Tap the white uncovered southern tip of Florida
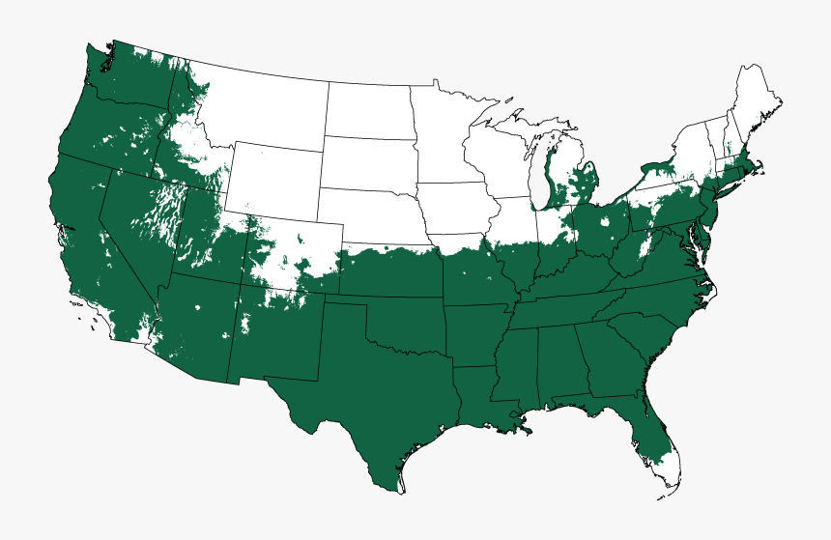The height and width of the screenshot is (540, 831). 672,473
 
